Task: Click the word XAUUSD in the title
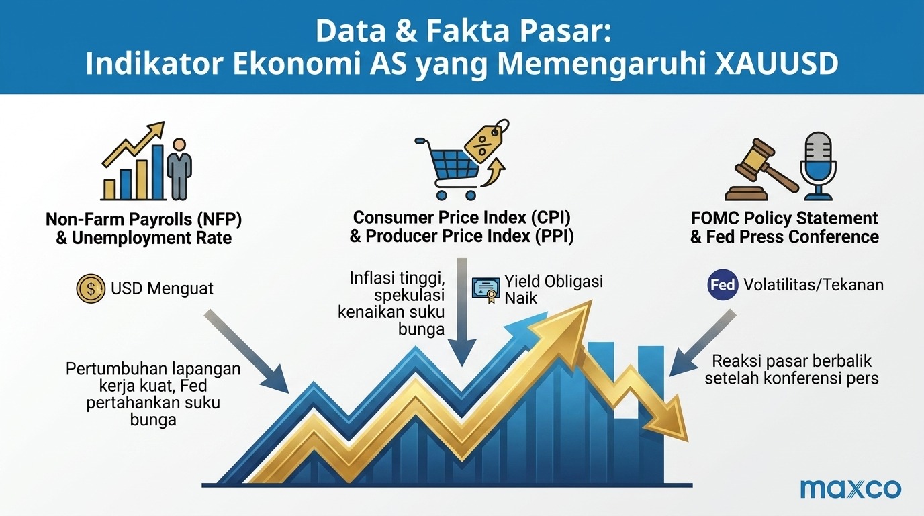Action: (x=776, y=64)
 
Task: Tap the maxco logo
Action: (x=851, y=489)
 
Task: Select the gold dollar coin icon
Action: (x=91, y=288)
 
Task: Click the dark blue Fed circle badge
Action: (x=723, y=284)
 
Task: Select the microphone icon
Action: (x=818, y=166)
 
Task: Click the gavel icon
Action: (x=761, y=169)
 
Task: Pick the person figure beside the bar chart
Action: (x=179, y=169)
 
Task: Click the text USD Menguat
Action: (x=162, y=288)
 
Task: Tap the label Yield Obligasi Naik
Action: (x=553, y=290)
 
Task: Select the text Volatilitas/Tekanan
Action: (x=813, y=285)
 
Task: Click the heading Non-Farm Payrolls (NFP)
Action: (x=144, y=219)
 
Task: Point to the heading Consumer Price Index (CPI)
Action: (x=462, y=218)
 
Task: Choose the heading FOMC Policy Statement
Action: (x=784, y=218)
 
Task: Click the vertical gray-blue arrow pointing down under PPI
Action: (x=462, y=312)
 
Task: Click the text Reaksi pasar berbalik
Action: (x=792, y=361)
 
